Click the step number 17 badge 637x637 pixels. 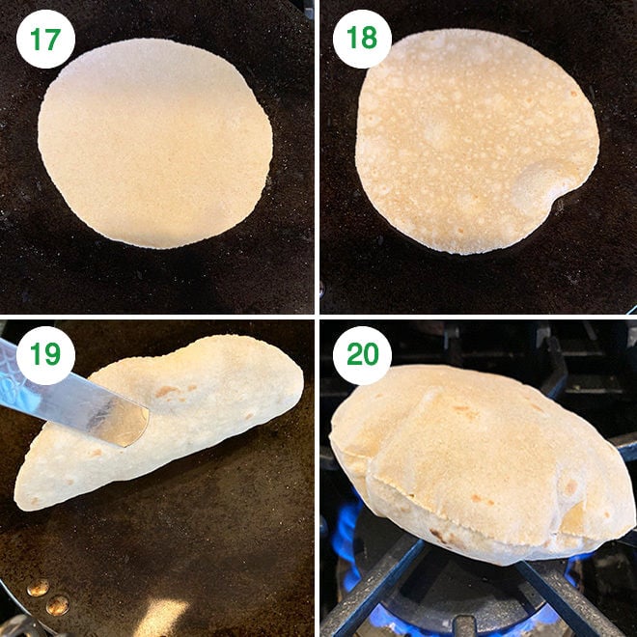pos(45,39)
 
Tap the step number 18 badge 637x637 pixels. pos(362,39)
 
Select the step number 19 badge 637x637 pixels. pos(45,355)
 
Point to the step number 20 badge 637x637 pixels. pos(362,355)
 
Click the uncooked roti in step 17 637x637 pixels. pos(155,143)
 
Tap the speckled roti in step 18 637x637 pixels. pos(478,140)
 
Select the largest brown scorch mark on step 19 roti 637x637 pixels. pos(167,391)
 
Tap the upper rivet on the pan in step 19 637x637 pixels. pos(39,588)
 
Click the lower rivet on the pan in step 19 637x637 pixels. pos(57,605)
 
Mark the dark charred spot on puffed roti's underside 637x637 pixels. pos(438,537)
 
